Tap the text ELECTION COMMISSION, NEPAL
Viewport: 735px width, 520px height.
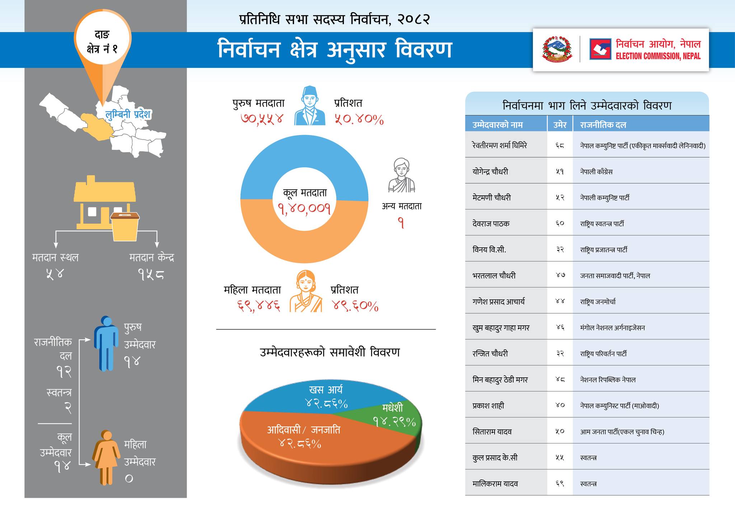(658, 56)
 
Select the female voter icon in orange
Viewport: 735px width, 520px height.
(306, 291)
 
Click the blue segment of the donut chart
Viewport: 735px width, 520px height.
(304, 158)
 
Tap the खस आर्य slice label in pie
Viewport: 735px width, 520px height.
(326, 390)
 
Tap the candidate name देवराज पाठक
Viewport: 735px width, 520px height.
(491, 223)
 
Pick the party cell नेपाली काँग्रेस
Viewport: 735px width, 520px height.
(596, 172)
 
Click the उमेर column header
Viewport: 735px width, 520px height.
(560, 125)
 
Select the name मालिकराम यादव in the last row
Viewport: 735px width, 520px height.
(495, 484)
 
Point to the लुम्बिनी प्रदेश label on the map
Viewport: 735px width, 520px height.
(128, 115)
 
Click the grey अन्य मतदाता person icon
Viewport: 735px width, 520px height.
(402, 175)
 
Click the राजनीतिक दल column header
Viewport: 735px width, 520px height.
(603, 125)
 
